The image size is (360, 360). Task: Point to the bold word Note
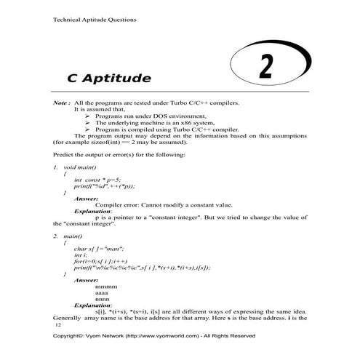pyautogui.click(x=60, y=104)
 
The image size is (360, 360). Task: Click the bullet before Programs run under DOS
pyautogui.click(x=88, y=116)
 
